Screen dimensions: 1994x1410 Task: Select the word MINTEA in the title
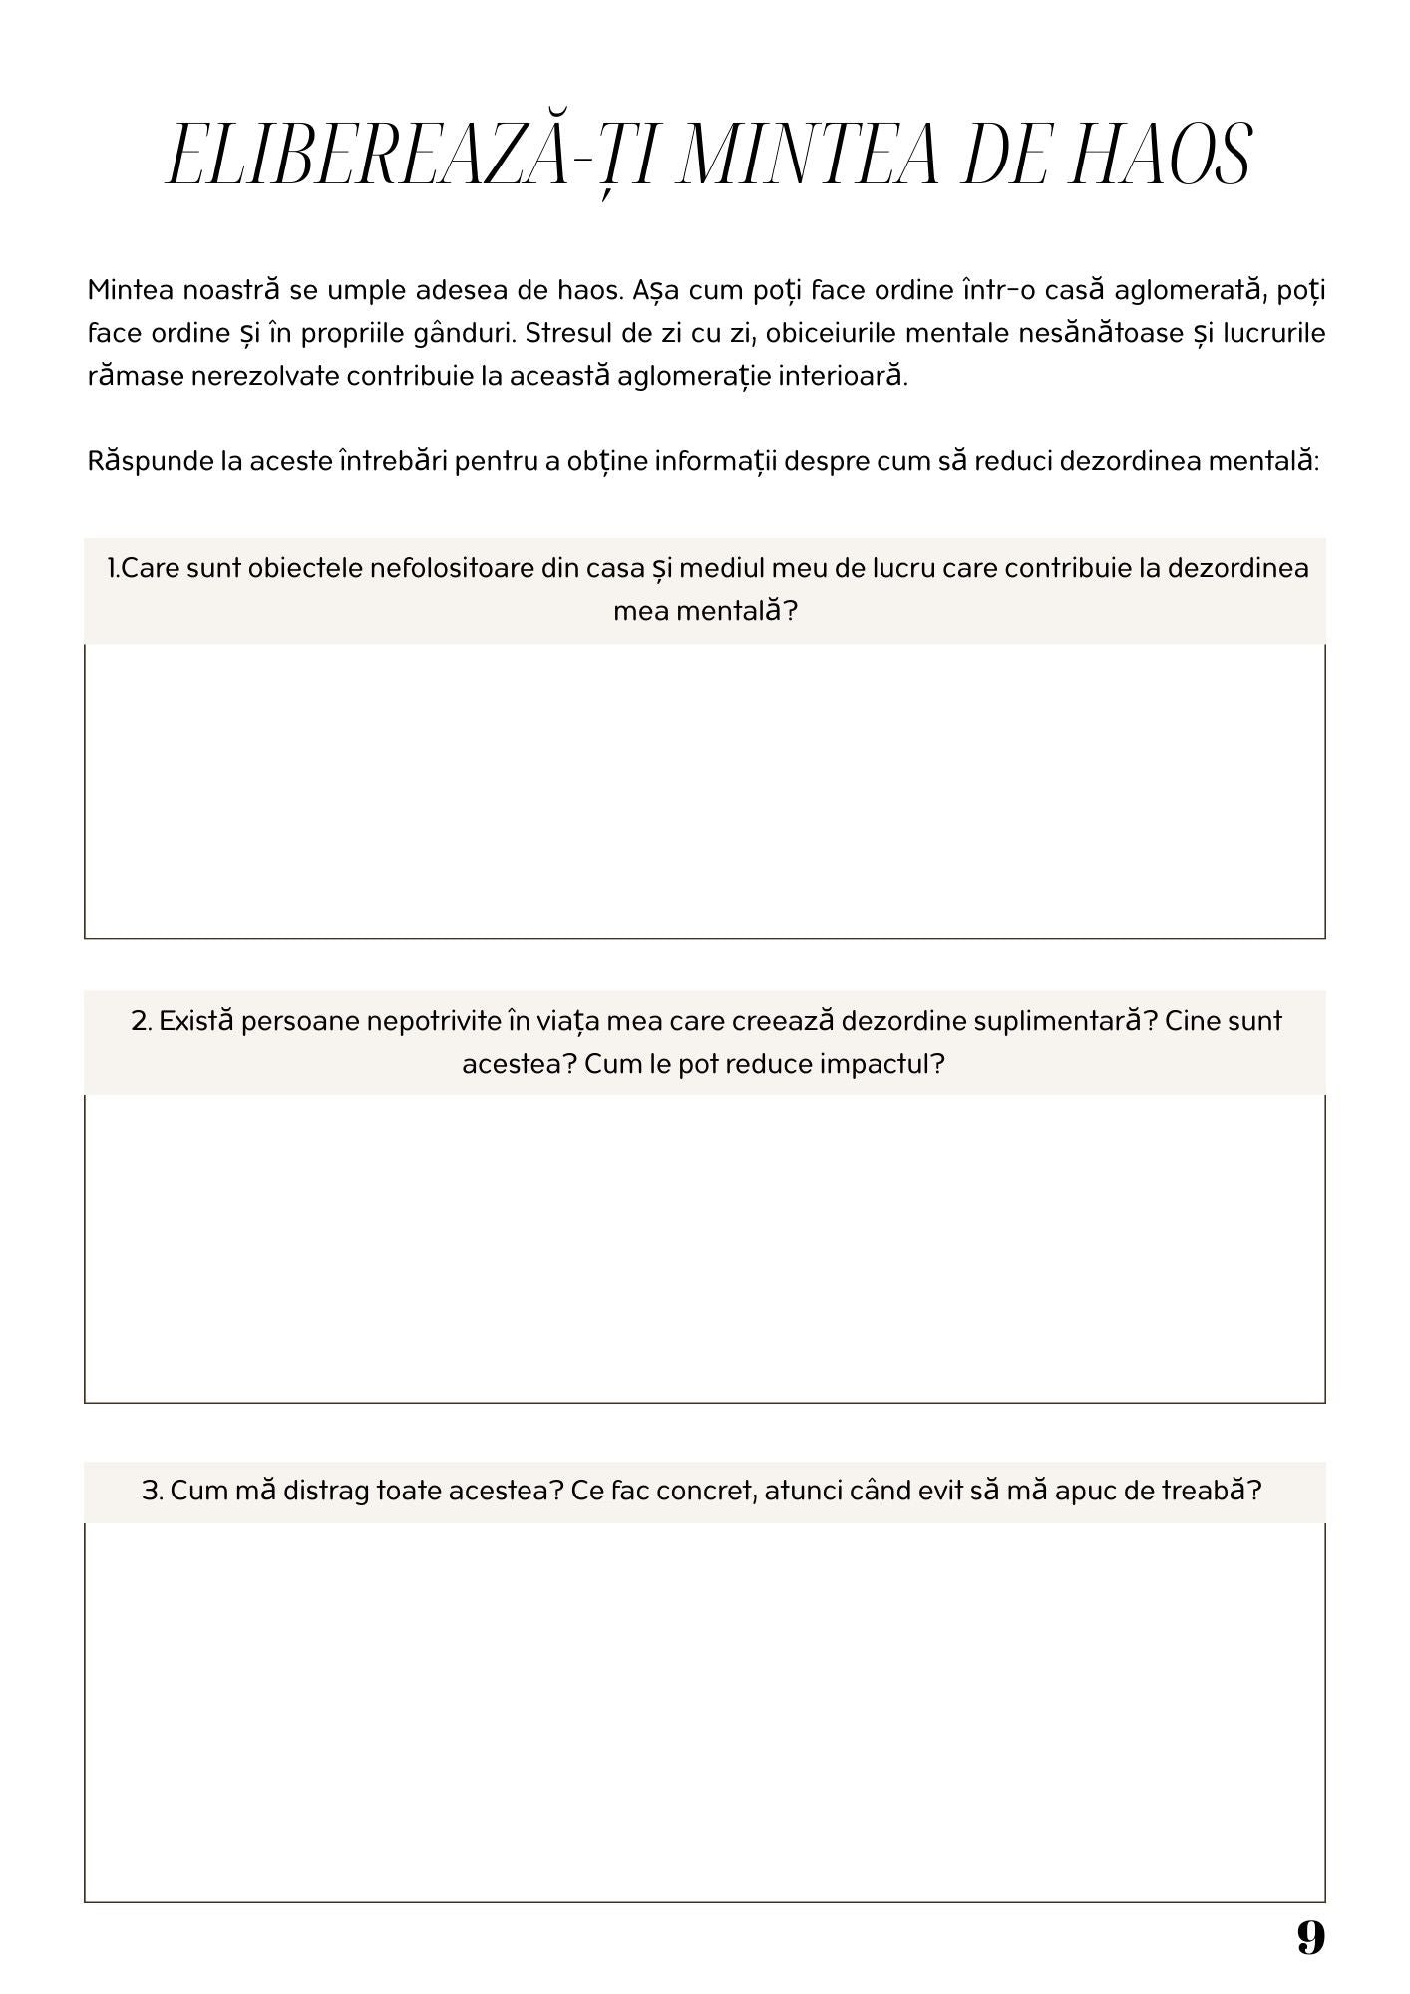tap(808, 157)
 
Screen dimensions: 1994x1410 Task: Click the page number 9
tap(1310, 1937)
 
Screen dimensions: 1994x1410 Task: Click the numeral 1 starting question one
tap(112, 568)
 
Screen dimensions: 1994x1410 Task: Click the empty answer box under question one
tap(704, 791)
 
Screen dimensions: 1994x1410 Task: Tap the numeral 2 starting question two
tap(140, 1021)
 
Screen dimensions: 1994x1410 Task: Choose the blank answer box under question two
tap(704, 1247)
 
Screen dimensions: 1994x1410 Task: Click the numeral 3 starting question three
tap(151, 1491)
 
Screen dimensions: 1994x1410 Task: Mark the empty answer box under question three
tap(704, 1711)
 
